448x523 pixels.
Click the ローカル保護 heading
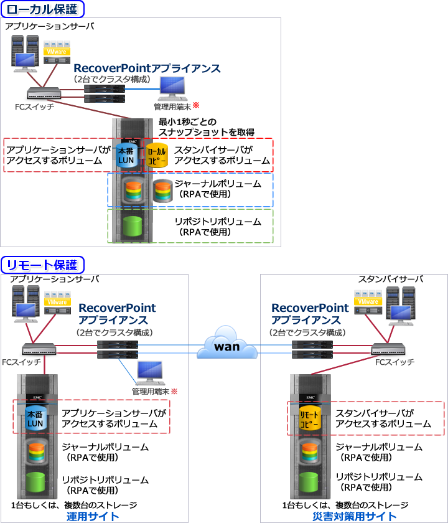[x=42, y=9]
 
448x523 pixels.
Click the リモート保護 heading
[x=42, y=265]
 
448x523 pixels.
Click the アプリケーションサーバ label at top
[x=46, y=27]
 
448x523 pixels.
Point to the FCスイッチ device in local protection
[x=44, y=94]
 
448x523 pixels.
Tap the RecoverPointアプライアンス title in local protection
[x=147, y=67]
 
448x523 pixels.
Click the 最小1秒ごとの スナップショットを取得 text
[x=198, y=128]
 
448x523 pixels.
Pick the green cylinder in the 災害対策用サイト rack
[x=309, y=483]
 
